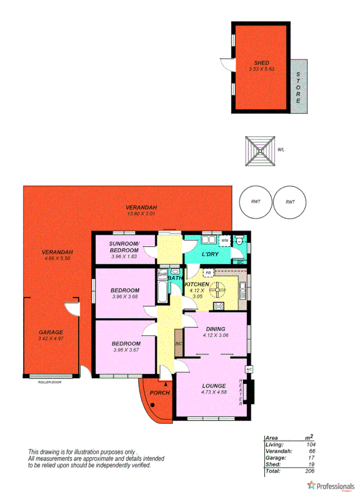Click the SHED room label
click(x=261, y=63)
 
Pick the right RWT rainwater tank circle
click(x=289, y=202)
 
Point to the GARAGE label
click(x=50, y=332)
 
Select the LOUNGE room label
click(x=213, y=386)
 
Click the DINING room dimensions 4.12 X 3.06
click(x=216, y=335)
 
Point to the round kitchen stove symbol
click(x=218, y=290)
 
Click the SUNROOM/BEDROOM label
click(x=125, y=247)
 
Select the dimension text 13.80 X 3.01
click(x=141, y=213)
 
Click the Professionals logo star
click(x=311, y=485)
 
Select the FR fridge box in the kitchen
click(x=209, y=273)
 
